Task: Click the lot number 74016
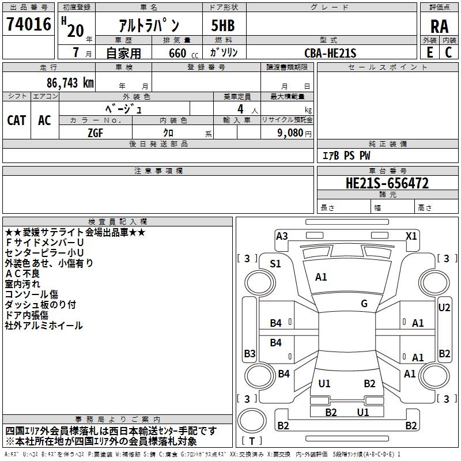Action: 29,24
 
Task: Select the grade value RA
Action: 439,27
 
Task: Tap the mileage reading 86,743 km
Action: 70,82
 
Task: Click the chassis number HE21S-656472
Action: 387,183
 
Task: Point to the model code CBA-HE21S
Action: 330,53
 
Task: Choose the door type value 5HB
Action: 223,25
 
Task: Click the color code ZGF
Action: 95,133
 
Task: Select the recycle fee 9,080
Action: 290,133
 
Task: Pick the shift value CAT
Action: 17,120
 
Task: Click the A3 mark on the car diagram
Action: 282,236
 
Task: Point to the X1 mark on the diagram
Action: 411,236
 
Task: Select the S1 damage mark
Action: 275,264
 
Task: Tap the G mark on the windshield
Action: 364,303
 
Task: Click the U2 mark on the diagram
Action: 444,308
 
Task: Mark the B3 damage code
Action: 250,353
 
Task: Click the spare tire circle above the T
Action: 252,420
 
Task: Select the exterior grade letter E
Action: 430,52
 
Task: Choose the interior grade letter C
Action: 448,52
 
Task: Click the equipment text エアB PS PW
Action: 346,156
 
